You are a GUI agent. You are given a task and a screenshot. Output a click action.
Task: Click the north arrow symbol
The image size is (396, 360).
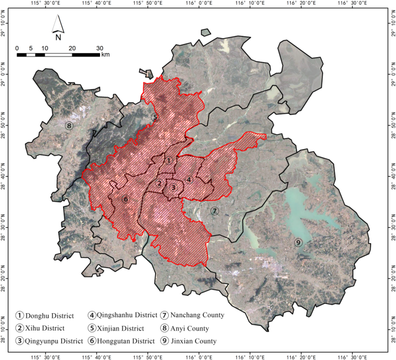click(x=58, y=24)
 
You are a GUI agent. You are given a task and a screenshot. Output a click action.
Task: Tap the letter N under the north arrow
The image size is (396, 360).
click(x=58, y=37)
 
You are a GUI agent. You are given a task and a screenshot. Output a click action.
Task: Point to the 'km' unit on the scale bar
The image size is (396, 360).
click(x=105, y=55)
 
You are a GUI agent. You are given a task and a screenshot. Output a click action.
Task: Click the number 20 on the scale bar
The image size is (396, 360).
click(x=72, y=48)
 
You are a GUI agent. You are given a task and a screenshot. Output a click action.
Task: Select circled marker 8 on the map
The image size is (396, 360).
click(x=69, y=125)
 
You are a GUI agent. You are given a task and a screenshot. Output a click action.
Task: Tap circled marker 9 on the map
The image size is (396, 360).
click(x=298, y=242)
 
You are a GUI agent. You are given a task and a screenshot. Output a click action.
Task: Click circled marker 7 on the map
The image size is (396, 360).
click(x=214, y=211)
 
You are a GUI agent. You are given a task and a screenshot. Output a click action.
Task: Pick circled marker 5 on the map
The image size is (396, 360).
click(x=154, y=117)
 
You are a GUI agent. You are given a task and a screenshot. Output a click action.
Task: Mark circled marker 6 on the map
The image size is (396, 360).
click(x=125, y=199)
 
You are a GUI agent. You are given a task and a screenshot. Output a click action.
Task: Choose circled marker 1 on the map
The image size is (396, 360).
click(x=168, y=161)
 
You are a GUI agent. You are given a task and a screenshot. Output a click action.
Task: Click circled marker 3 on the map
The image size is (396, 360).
click(x=172, y=187)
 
